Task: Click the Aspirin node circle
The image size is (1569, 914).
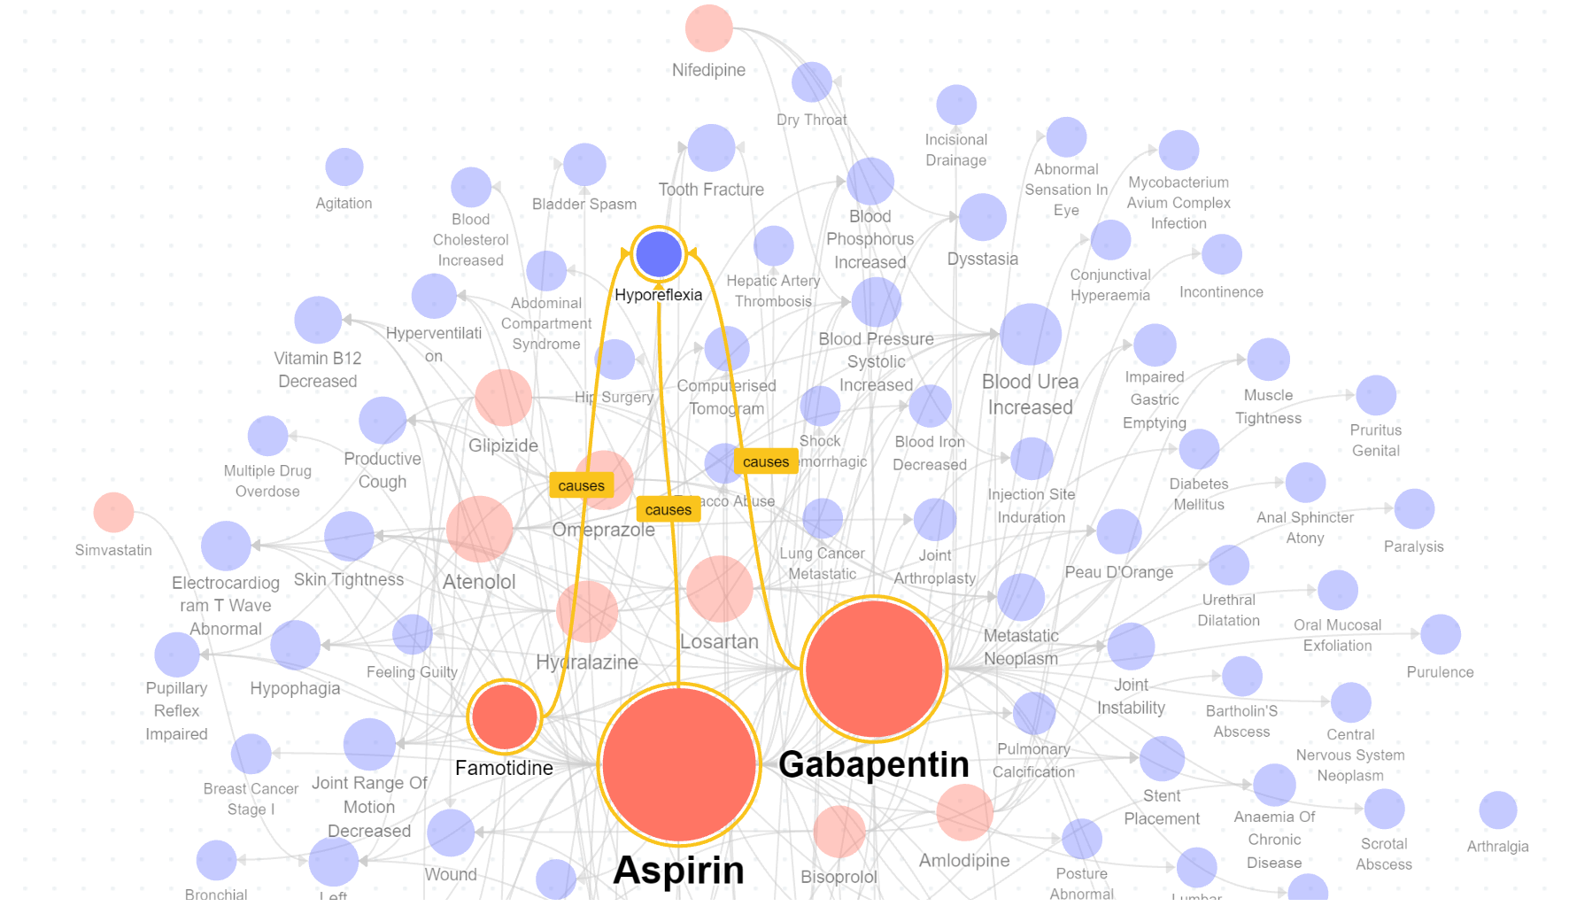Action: [x=679, y=763]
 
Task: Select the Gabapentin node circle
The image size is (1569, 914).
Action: [x=874, y=669]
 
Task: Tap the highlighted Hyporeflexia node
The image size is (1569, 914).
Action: [x=659, y=255]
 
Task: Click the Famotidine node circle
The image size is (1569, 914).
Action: [x=505, y=716]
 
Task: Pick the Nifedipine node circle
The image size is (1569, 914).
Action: [x=708, y=28]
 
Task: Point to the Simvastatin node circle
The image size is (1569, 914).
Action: [x=113, y=513]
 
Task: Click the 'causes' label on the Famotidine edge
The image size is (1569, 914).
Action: [x=581, y=485]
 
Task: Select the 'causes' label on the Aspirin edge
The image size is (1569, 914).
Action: [x=668, y=509]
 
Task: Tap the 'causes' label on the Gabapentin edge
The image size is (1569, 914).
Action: [x=765, y=461]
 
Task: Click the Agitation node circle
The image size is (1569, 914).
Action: [x=344, y=167]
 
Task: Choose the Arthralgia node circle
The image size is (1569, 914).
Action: [x=1497, y=810]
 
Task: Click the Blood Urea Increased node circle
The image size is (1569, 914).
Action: [x=1031, y=335]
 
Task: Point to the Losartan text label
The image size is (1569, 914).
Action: [x=719, y=641]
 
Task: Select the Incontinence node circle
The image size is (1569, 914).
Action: [x=1222, y=255]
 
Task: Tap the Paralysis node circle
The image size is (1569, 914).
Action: [x=1414, y=509]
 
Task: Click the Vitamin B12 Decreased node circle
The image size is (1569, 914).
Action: [x=318, y=320]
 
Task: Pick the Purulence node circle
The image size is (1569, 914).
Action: [x=1440, y=635]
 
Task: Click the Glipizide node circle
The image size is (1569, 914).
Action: [x=503, y=398]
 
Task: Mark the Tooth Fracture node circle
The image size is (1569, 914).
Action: [x=711, y=148]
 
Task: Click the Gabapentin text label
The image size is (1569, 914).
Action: [x=873, y=764]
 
